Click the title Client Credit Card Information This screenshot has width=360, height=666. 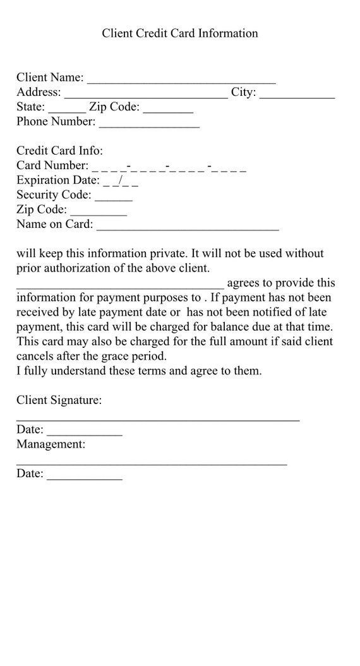[180, 33]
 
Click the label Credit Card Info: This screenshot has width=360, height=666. [59, 151]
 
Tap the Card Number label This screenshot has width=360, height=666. [52, 165]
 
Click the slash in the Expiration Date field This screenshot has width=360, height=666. [120, 181]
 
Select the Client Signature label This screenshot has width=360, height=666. [59, 400]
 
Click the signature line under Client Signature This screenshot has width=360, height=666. [158, 419]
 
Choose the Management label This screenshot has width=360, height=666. [51, 444]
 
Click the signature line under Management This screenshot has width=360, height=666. [152, 463]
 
